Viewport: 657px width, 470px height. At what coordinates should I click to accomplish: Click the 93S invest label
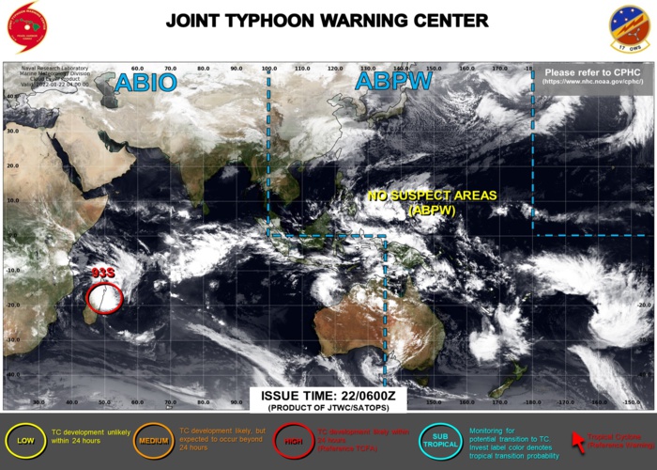(x=102, y=273)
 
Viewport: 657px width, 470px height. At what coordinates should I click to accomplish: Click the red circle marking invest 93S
(x=104, y=298)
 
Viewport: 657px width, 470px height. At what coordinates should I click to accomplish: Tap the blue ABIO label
(x=145, y=82)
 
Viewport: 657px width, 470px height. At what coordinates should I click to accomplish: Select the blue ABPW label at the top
(x=393, y=82)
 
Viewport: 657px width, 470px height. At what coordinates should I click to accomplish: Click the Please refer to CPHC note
(x=593, y=71)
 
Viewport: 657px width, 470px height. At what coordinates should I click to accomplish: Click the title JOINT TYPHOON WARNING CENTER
(x=327, y=21)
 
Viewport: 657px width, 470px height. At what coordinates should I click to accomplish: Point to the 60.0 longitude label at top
(x=138, y=69)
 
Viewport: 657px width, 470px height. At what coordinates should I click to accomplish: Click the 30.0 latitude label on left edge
(x=13, y=131)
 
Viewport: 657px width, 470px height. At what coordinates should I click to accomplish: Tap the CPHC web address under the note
(x=593, y=82)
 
